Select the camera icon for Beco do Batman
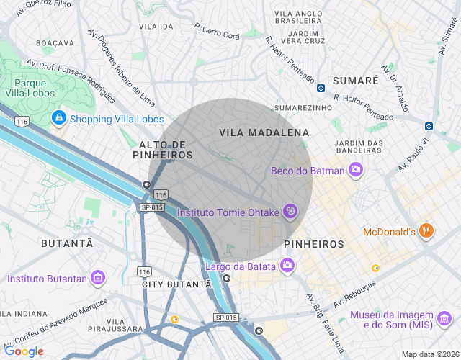(355, 170)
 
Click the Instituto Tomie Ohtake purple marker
(290, 212)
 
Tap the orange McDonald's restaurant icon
(426, 231)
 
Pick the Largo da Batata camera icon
(287, 266)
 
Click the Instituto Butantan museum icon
(99, 278)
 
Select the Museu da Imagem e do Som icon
(444, 316)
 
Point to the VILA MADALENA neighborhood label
(264, 132)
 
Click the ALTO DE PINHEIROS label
(164, 149)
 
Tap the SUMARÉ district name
(355, 81)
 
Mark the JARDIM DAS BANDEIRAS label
(359, 147)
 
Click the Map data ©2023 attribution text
(429, 354)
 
